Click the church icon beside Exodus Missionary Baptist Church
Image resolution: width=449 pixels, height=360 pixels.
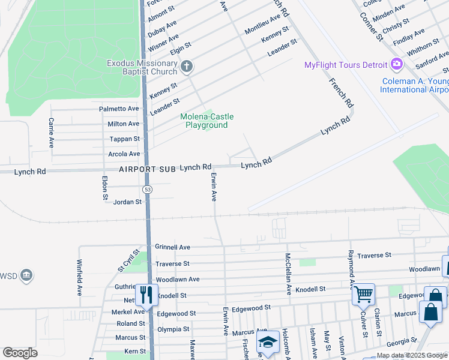pyautogui.click(x=187, y=65)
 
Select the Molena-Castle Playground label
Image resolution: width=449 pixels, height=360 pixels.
pyautogui.click(x=206, y=121)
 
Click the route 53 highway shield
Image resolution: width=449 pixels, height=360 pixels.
pyautogui.click(x=147, y=189)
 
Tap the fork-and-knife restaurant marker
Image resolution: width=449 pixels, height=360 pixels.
pyautogui.click(x=146, y=294)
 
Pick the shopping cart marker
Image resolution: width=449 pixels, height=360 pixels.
pyautogui.click(x=363, y=294)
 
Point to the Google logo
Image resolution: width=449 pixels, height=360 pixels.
pyautogui.click(x=20, y=353)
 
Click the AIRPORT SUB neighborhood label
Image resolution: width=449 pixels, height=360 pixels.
pyautogui.click(x=146, y=169)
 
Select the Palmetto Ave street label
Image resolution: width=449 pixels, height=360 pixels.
pyautogui.click(x=119, y=109)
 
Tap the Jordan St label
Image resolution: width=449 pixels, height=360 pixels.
pyautogui.click(x=127, y=202)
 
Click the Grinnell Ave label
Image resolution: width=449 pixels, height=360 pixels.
pyautogui.click(x=172, y=247)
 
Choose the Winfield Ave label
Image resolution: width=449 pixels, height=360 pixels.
pyautogui.click(x=79, y=277)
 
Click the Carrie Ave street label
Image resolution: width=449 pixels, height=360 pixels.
pyautogui.click(x=51, y=133)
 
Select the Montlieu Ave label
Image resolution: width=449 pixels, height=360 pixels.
pyautogui.click(x=262, y=25)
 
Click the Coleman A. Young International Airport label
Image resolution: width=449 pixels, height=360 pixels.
pyautogui.click(x=414, y=85)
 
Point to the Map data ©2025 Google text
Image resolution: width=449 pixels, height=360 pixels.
pyautogui.click(x=412, y=355)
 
